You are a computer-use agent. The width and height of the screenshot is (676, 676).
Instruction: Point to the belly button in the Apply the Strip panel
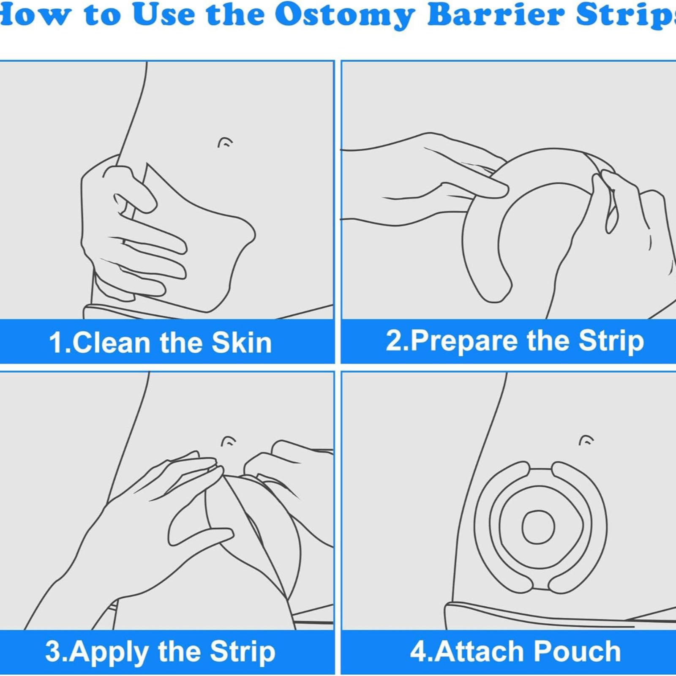point(229,442)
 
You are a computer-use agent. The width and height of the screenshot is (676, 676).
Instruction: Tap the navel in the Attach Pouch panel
point(586,441)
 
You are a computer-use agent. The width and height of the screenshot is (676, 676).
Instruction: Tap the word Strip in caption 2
point(611,341)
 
